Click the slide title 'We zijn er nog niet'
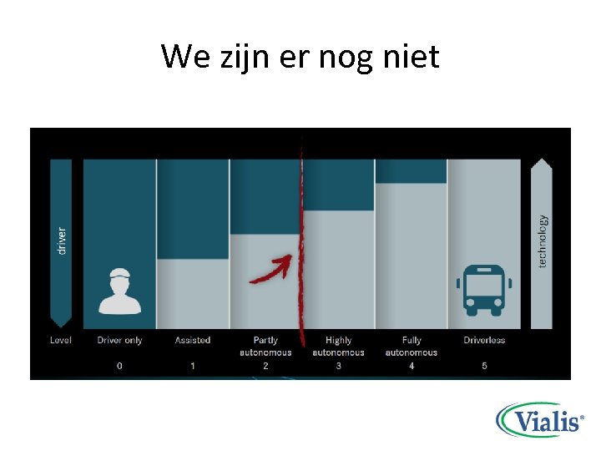click(300, 57)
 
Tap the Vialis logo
click(539, 420)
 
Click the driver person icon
click(120, 291)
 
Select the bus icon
click(484, 290)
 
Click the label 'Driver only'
click(120, 340)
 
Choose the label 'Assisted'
click(193, 340)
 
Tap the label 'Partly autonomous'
click(265, 346)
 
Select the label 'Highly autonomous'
click(338, 346)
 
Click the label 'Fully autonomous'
click(412, 346)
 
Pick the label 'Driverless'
click(484, 340)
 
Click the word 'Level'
click(61, 340)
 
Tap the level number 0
click(119, 366)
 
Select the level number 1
click(193, 366)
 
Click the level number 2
click(265, 366)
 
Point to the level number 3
click(338, 366)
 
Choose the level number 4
click(412, 366)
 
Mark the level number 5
click(484, 366)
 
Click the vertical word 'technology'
click(543, 241)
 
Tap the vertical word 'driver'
click(61, 241)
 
